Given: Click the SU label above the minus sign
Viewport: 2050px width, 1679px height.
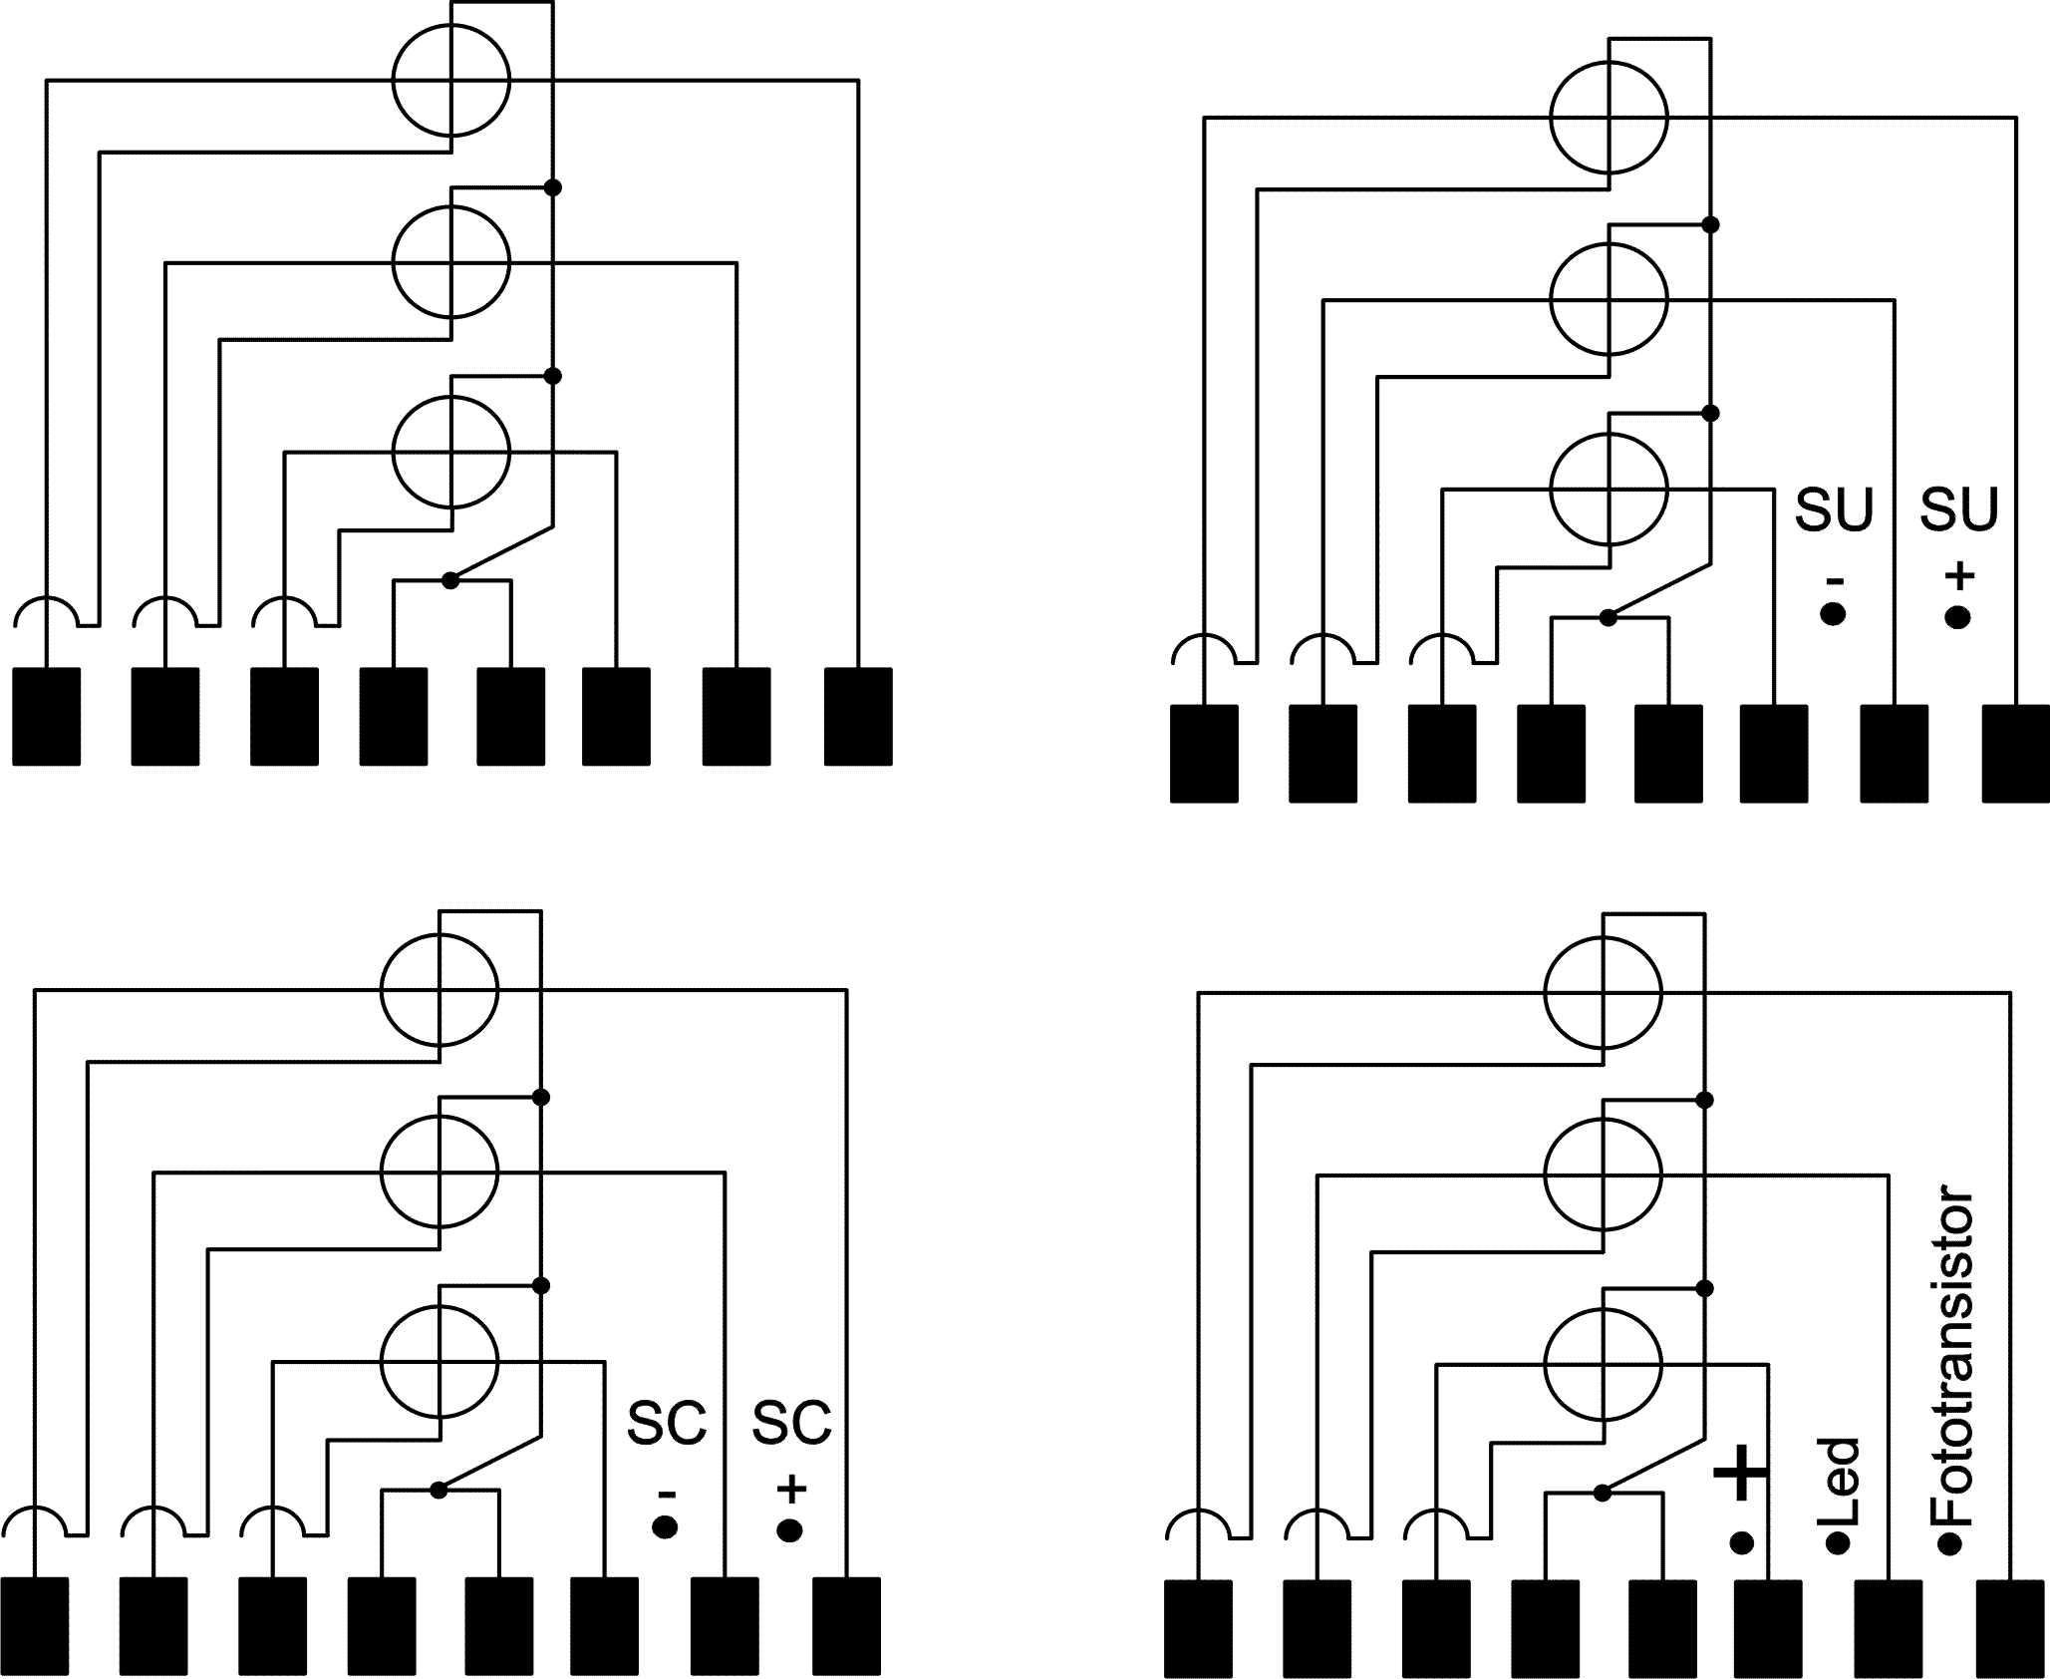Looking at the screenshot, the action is point(1834,509).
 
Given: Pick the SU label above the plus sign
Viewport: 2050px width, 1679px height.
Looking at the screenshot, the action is point(1959,509).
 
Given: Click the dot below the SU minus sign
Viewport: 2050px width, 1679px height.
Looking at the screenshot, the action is point(1833,615).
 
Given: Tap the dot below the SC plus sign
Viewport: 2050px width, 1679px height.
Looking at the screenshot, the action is point(790,1529).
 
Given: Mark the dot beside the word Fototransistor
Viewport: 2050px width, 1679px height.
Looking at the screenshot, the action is point(1950,1545).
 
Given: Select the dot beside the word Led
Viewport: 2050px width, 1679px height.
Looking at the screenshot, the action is point(1837,1544).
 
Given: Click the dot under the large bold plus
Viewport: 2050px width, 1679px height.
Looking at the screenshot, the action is point(1742,1543).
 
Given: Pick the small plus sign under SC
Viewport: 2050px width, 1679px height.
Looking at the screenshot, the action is point(791,1490).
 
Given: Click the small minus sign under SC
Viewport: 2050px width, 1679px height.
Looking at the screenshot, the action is point(667,1494).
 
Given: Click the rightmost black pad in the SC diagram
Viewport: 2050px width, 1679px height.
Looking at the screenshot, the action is point(847,1625).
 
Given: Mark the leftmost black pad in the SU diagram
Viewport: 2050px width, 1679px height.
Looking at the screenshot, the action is point(1204,754).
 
